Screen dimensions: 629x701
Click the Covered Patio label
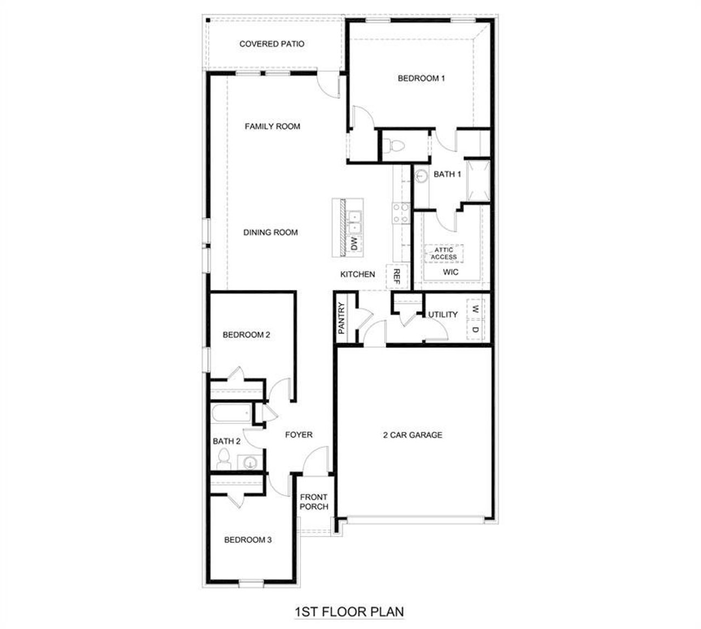click(x=272, y=44)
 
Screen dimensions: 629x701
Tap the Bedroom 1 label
click(x=421, y=78)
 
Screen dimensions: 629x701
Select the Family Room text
click(x=272, y=127)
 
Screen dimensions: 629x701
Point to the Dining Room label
click(x=271, y=232)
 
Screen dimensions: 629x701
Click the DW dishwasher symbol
click(x=354, y=244)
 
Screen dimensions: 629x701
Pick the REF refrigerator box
click(x=397, y=277)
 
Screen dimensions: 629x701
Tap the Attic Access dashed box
click(x=444, y=254)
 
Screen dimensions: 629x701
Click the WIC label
click(x=451, y=272)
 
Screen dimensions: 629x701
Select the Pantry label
click(x=341, y=318)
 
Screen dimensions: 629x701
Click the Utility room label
click(x=443, y=314)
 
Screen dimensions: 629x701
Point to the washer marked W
click(x=475, y=309)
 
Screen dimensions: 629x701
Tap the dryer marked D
click(x=475, y=330)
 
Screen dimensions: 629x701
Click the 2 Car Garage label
click(x=412, y=435)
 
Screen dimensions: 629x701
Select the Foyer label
click(x=299, y=435)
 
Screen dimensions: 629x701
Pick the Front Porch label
click(x=314, y=502)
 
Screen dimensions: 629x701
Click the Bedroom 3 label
click(x=248, y=540)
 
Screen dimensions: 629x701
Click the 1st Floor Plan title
click(x=350, y=611)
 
